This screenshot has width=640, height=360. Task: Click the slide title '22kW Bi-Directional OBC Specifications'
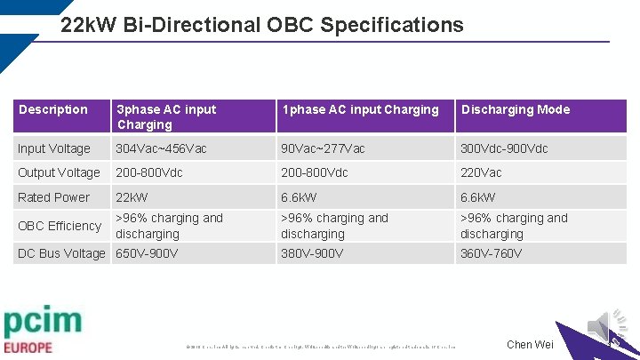(x=262, y=25)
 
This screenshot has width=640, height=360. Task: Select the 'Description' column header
(x=53, y=109)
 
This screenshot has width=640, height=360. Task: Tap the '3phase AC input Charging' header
(x=166, y=116)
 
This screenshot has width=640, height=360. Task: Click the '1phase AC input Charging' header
(x=360, y=109)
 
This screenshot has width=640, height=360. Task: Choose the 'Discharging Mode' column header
(x=515, y=109)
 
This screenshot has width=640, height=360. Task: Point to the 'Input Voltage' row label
(x=54, y=148)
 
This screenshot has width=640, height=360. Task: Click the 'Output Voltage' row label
(x=59, y=172)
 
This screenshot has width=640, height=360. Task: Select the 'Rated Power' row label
(x=54, y=197)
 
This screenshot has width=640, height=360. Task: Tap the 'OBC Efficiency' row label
(x=60, y=226)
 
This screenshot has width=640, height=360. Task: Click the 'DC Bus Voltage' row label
(x=61, y=253)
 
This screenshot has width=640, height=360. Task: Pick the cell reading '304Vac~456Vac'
(x=162, y=148)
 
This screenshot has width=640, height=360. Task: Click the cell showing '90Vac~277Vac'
(x=323, y=148)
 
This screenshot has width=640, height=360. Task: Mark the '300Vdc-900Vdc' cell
(x=504, y=148)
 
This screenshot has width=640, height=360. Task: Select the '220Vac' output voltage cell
(x=481, y=172)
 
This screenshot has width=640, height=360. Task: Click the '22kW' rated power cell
(x=132, y=197)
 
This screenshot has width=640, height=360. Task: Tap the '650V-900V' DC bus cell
(x=147, y=253)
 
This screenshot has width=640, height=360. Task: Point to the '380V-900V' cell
(x=312, y=253)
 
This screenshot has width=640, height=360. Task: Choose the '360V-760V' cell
(x=491, y=253)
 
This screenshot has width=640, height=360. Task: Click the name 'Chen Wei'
(x=530, y=345)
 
